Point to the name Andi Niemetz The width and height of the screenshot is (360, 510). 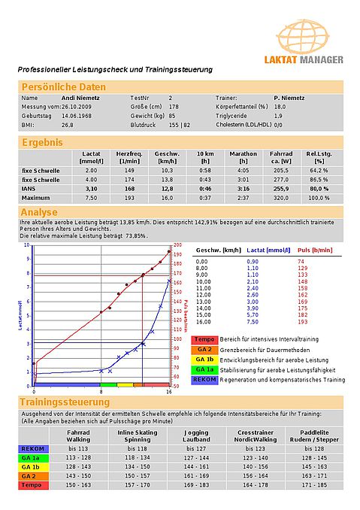click(79, 98)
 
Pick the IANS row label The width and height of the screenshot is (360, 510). click(31, 188)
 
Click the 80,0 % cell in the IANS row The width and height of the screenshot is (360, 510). click(319, 188)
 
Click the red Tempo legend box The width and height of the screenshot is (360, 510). click(204, 340)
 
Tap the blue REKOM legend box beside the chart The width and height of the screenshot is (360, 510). click(204, 379)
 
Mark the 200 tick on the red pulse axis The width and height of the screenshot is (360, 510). click(178, 245)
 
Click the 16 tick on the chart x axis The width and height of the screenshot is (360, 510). click(168, 392)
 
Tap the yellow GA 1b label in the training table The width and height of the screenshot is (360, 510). click(31, 466)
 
